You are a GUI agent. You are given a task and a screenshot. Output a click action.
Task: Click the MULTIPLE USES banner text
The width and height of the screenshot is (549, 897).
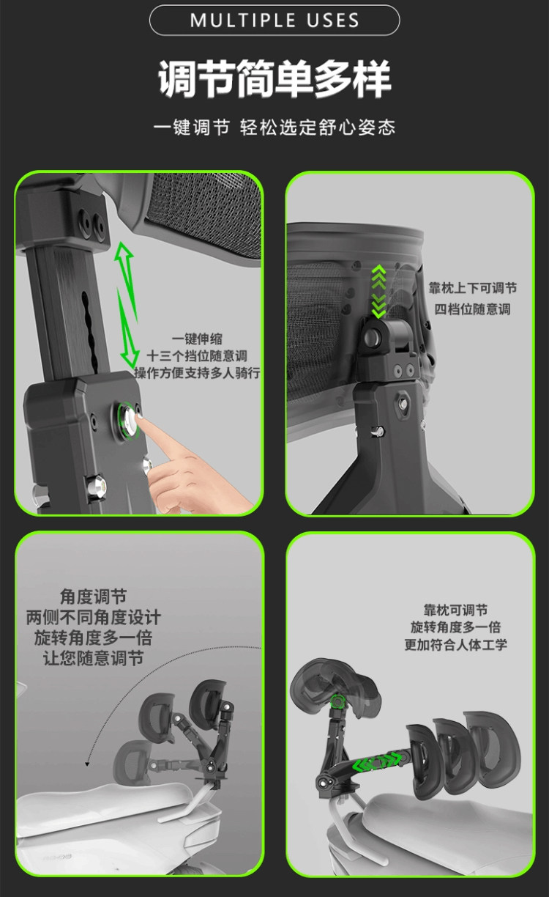point(274,21)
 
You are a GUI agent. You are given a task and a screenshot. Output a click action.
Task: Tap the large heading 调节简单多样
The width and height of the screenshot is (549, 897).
point(274,79)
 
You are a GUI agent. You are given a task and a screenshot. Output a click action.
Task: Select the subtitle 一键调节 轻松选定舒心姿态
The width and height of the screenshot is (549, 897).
point(274,128)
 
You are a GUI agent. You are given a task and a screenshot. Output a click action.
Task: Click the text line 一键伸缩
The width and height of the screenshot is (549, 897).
point(197,339)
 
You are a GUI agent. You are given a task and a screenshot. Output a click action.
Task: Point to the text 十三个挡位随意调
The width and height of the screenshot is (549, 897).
point(197,355)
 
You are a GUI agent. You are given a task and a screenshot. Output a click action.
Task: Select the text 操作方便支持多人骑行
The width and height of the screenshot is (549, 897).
point(197,373)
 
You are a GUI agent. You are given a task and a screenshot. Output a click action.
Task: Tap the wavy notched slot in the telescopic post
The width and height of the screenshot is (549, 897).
point(89,331)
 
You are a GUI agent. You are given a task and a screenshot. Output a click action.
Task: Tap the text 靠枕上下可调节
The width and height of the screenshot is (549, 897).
point(473,288)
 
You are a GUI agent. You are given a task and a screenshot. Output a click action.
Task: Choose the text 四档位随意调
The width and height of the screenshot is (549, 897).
point(473,309)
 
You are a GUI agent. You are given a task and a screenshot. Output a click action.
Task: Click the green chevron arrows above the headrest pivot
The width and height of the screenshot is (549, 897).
point(378,291)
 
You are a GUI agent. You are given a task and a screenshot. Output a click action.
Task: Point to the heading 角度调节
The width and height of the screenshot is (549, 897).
point(93,597)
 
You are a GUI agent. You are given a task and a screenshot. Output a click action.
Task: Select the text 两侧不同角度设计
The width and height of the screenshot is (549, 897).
point(93,617)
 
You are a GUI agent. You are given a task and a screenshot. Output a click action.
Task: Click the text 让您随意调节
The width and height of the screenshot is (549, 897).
point(93,658)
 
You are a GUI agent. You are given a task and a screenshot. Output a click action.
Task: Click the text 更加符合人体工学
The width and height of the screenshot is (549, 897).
point(456,644)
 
